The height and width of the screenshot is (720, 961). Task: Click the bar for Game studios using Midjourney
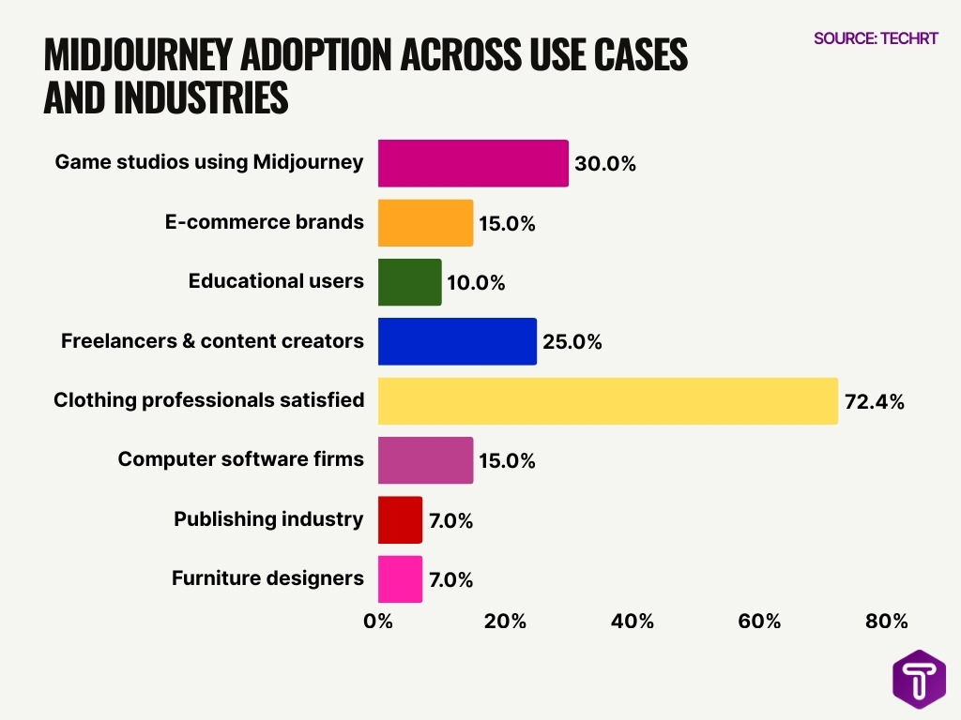473,163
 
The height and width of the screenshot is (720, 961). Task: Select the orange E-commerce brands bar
425,223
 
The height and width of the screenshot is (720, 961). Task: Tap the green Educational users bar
409,282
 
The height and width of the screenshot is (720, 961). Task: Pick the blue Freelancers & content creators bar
457,341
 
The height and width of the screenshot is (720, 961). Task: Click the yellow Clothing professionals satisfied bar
607,401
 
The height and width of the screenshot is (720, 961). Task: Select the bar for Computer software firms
425,460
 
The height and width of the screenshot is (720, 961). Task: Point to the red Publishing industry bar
400,520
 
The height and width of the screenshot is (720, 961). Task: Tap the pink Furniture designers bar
400,579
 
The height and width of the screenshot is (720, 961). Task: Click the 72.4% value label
874,402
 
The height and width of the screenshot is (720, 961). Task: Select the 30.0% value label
605,164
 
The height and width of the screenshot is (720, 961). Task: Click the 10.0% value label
475,283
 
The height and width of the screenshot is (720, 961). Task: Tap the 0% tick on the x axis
378,622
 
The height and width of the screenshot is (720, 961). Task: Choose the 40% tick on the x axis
633,622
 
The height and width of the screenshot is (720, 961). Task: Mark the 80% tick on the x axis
887,622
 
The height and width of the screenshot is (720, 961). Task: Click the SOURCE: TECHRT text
876,38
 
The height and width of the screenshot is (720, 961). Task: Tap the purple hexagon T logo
919,679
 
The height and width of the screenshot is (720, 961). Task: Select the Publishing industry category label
268,519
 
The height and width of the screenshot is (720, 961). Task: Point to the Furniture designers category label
267,578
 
